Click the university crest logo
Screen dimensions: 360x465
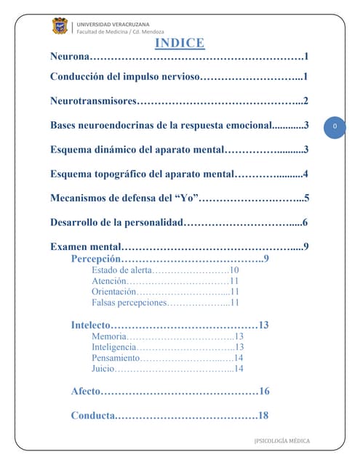click(60, 26)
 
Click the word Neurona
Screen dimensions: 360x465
click(71, 57)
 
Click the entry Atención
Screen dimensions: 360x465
click(109, 281)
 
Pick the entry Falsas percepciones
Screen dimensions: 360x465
click(129, 303)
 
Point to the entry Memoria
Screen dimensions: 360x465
click(109, 336)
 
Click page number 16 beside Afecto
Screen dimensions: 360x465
click(264, 392)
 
